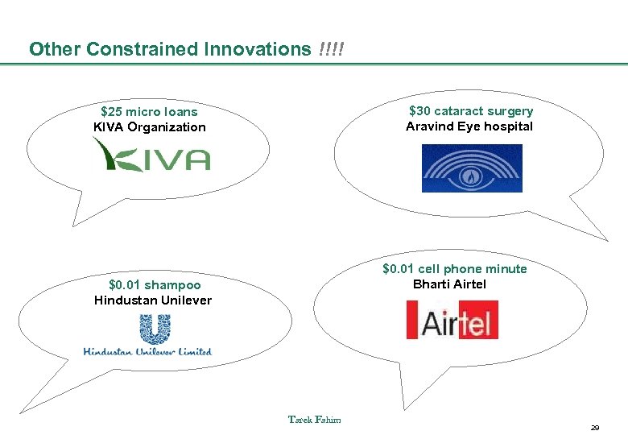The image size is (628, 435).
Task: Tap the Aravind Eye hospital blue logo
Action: click(x=472, y=168)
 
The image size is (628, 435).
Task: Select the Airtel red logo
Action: click(x=452, y=320)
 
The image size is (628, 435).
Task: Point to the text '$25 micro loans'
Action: click(x=149, y=112)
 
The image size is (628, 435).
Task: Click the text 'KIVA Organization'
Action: click(x=150, y=127)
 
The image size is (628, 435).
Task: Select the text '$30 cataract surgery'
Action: click(x=470, y=111)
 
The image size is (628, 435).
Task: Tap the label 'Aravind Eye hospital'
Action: click(x=469, y=126)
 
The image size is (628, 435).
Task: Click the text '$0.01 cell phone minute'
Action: click(x=454, y=269)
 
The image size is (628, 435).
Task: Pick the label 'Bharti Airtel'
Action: click(x=449, y=284)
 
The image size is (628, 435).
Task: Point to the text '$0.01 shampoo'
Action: click(x=155, y=284)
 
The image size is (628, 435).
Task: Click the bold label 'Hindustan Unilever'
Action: click(x=153, y=300)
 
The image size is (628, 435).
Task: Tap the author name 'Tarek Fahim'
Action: click(x=314, y=419)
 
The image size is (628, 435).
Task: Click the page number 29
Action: click(x=594, y=427)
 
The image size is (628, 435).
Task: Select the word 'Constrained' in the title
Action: click(x=143, y=49)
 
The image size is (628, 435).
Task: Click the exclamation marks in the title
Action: click(x=330, y=49)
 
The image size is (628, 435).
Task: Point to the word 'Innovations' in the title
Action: click(x=257, y=49)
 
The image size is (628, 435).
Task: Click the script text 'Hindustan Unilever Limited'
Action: click(x=147, y=351)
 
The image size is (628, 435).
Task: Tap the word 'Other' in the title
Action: click(x=55, y=49)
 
